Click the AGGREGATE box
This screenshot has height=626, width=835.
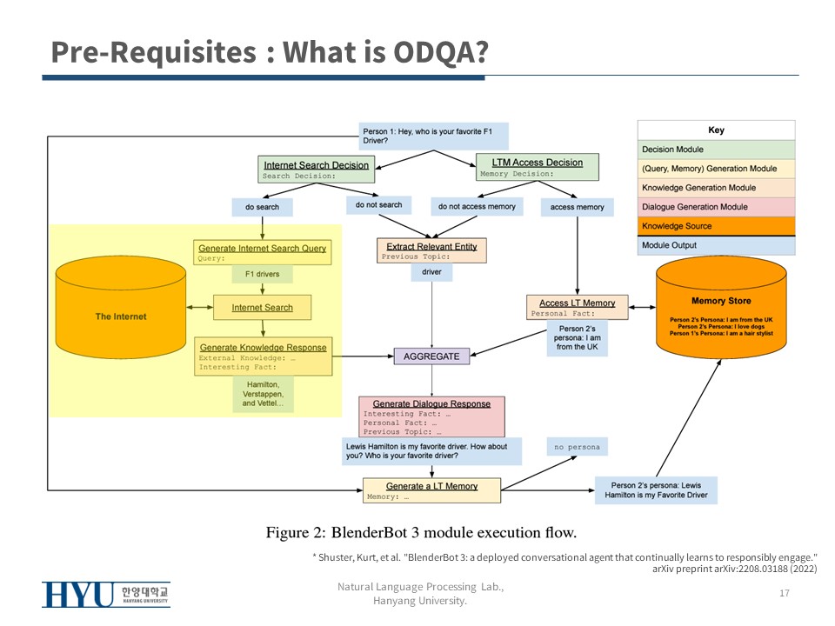point(431,356)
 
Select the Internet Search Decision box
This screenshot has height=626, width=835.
point(316,169)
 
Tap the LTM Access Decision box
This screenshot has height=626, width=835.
point(537,167)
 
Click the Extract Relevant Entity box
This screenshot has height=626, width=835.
point(431,250)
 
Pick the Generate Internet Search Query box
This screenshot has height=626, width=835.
point(262,252)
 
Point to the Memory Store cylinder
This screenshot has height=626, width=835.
point(714,308)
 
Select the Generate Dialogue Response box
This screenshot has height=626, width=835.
point(431,416)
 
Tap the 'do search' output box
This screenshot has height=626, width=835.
point(262,207)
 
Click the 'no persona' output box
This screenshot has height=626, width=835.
point(578,447)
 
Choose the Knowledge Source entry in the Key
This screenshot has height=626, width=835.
point(716,226)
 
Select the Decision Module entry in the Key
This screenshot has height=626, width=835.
point(716,150)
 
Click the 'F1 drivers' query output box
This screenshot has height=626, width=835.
point(262,275)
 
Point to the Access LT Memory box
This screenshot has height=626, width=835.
point(578,308)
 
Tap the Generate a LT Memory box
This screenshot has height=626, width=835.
point(431,490)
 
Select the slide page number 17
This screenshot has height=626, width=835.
point(784,593)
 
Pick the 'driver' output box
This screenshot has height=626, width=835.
point(431,272)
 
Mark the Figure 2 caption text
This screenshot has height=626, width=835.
point(421,531)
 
